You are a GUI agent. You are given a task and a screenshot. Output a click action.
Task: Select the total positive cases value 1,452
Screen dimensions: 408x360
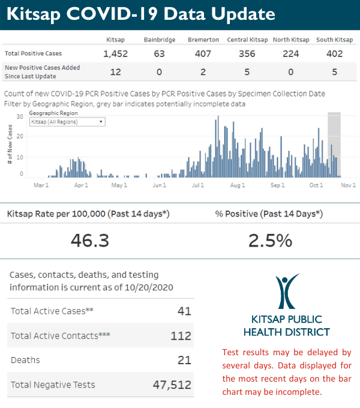(x=116, y=53)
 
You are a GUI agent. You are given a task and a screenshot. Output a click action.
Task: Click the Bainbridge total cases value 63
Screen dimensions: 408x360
(x=159, y=53)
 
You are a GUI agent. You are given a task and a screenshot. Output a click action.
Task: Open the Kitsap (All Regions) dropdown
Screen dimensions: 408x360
(x=67, y=121)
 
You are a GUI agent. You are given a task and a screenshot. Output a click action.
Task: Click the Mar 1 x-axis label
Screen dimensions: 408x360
(x=41, y=185)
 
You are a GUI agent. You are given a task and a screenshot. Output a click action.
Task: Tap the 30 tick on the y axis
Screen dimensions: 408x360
(x=20, y=116)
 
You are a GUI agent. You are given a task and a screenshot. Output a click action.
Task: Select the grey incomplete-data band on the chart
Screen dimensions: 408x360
(x=334, y=144)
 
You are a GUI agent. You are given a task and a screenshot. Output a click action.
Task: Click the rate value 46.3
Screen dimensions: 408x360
(x=89, y=240)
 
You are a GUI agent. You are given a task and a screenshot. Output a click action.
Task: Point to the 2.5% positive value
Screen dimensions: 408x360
(x=270, y=240)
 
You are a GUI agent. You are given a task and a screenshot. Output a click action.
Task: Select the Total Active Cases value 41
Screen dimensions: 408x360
(x=184, y=311)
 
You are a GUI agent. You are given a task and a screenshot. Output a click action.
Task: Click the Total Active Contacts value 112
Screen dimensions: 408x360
(x=181, y=336)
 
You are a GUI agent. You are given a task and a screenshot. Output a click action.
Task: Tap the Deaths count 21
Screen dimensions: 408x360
(x=184, y=360)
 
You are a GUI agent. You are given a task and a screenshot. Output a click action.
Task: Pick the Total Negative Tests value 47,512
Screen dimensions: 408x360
(x=172, y=385)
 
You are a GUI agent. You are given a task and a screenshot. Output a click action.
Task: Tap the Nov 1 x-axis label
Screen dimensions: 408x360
(x=349, y=185)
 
